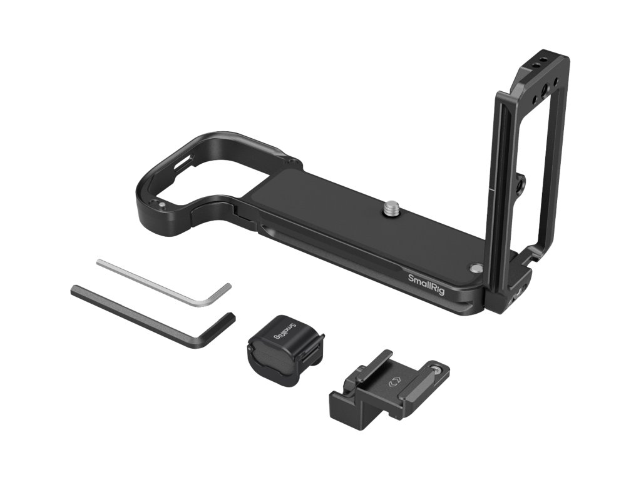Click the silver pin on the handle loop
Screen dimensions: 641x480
162,205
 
